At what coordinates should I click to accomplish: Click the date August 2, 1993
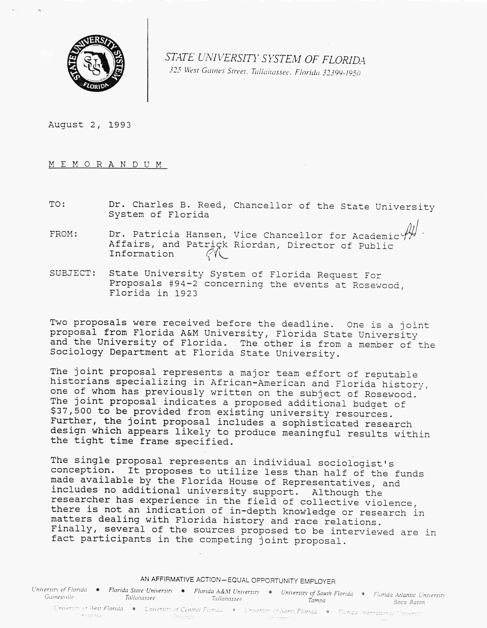point(89,125)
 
